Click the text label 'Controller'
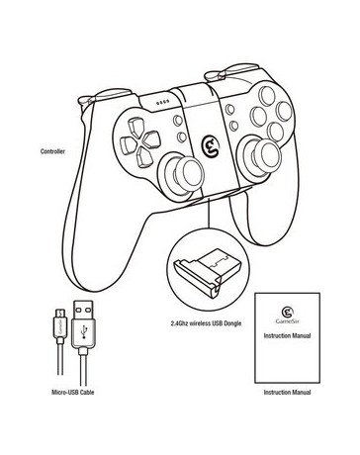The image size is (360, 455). pos(54,151)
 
